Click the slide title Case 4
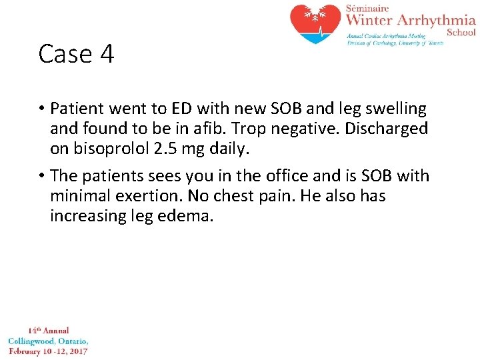point(76,54)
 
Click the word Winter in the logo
point(371,20)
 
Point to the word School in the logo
point(461,32)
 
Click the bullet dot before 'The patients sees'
point(42,176)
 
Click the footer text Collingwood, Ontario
point(48,341)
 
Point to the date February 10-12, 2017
point(48,351)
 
